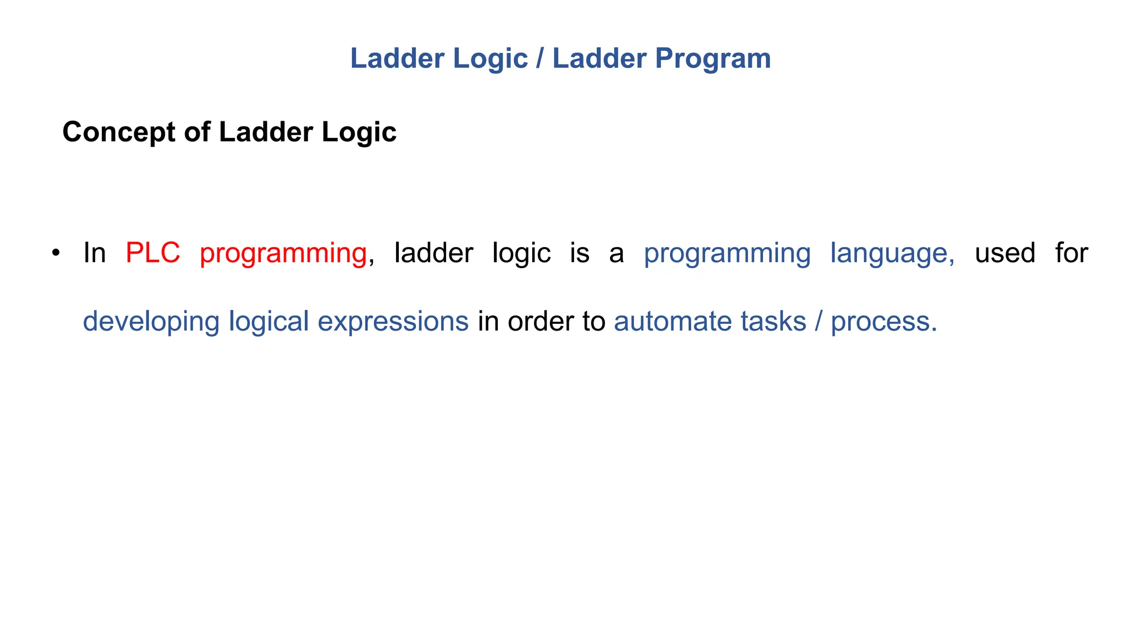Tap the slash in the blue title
[x=539, y=59]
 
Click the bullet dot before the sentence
[x=55, y=254]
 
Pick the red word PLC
[x=153, y=253]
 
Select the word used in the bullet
[x=1005, y=253]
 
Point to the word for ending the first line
[x=1071, y=253]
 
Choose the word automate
[x=673, y=322]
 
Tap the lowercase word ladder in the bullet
[x=433, y=253]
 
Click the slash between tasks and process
[x=819, y=322]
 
